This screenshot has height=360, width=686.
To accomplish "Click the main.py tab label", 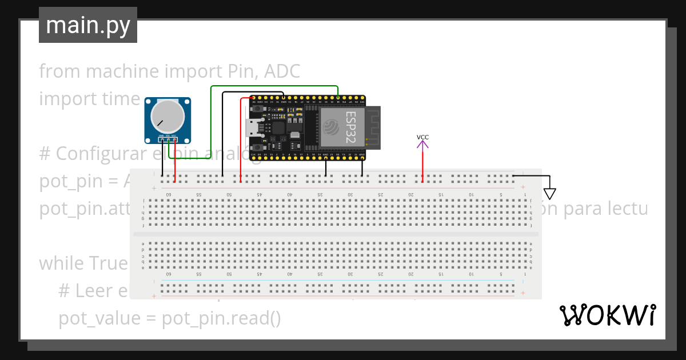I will click(88, 25).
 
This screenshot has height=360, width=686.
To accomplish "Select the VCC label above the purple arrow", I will click(422, 137).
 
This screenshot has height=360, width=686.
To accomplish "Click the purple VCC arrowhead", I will click(422, 145).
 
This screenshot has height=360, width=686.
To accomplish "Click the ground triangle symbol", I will click(549, 194).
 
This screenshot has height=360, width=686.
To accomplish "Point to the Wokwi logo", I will click(607, 315).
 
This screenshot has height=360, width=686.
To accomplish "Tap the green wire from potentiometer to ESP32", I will click(212, 114).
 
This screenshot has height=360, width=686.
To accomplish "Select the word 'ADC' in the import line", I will click(283, 71).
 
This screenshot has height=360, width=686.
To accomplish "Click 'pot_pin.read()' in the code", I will click(221, 318).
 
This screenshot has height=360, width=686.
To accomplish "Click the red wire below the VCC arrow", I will click(422, 166).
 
